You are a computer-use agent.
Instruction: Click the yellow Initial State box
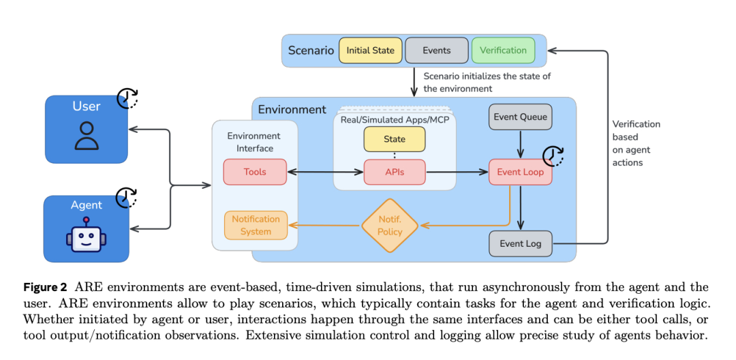(x=370, y=50)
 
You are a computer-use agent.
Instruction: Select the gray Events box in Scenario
(x=437, y=50)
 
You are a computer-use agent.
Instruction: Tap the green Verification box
(x=503, y=50)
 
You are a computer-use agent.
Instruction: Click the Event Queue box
(x=521, y=117)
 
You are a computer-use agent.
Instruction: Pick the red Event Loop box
(x=521, y=172)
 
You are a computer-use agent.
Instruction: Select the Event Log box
(x=521, y=243)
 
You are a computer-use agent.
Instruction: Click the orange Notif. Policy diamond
(x=390, y=226)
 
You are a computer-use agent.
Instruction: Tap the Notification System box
(x=256, y=225)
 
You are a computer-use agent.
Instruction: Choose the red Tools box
(x=255, y=172)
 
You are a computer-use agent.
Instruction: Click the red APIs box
(x=395, y=172)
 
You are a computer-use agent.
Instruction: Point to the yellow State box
(x=395, y=139)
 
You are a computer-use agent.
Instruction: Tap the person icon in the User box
(x=87, y=136)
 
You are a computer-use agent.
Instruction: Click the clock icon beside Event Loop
(x=553, y=156)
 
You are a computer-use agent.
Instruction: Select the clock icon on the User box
(x=127, y=97)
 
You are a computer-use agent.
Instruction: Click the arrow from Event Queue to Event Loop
(x=521, y=145)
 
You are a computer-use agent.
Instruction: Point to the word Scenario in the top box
(x=311, y=50)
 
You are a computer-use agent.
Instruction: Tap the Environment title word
(x=292, y=110)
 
